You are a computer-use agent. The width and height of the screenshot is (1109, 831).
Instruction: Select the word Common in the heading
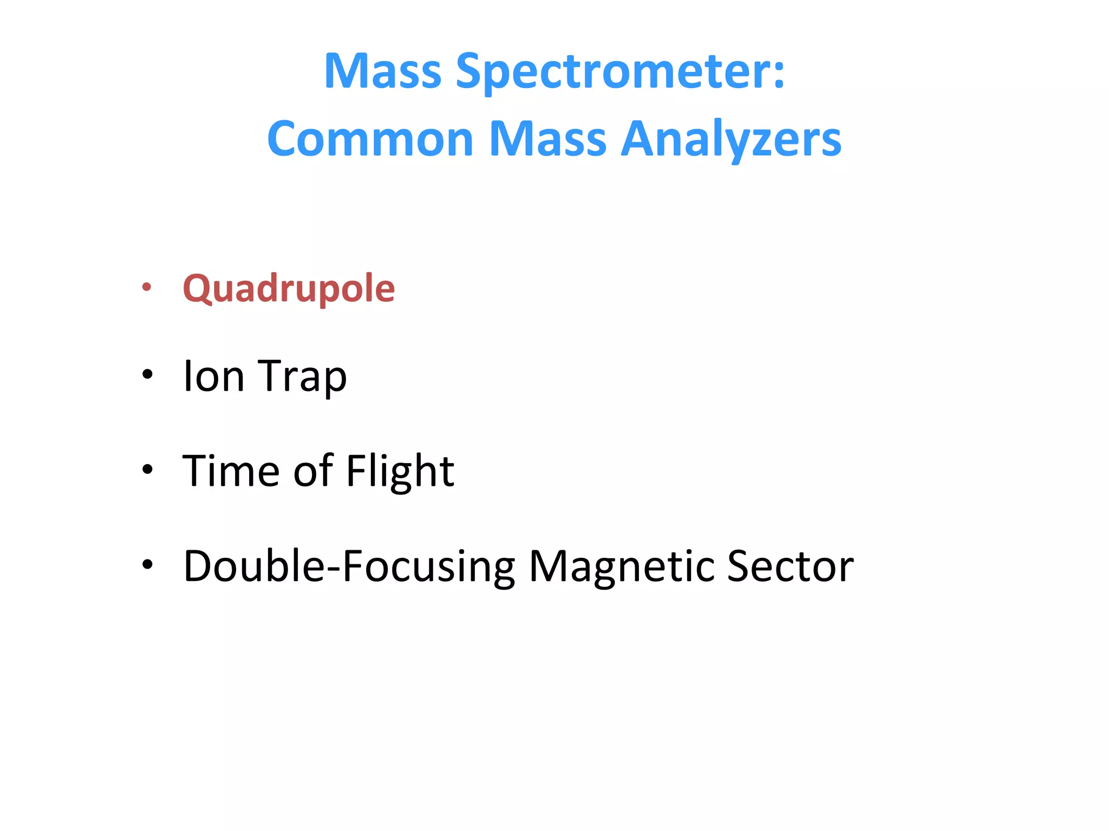(x=370, y=139)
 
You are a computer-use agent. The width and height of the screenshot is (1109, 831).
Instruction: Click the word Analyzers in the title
(x=730, y=139)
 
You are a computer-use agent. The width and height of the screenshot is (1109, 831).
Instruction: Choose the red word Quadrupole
(x=289, y=288)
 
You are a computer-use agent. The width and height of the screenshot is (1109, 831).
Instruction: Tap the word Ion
(x=213, y=376)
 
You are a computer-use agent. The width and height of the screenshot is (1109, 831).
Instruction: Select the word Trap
(x=302, y=377)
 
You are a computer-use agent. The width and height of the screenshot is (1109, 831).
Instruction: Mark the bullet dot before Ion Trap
(x=147, y=374)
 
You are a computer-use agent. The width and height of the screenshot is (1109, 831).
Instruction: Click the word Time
(x=231, y=470)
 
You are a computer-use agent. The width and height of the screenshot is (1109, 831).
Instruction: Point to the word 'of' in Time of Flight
(x=312, y=470)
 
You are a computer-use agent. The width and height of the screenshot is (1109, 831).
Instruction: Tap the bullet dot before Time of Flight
(x=147, y=469)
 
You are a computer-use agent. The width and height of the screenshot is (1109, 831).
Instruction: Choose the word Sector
(x=790, y=565)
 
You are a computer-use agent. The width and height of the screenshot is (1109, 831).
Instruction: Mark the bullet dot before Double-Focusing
(x=147, y=564)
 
